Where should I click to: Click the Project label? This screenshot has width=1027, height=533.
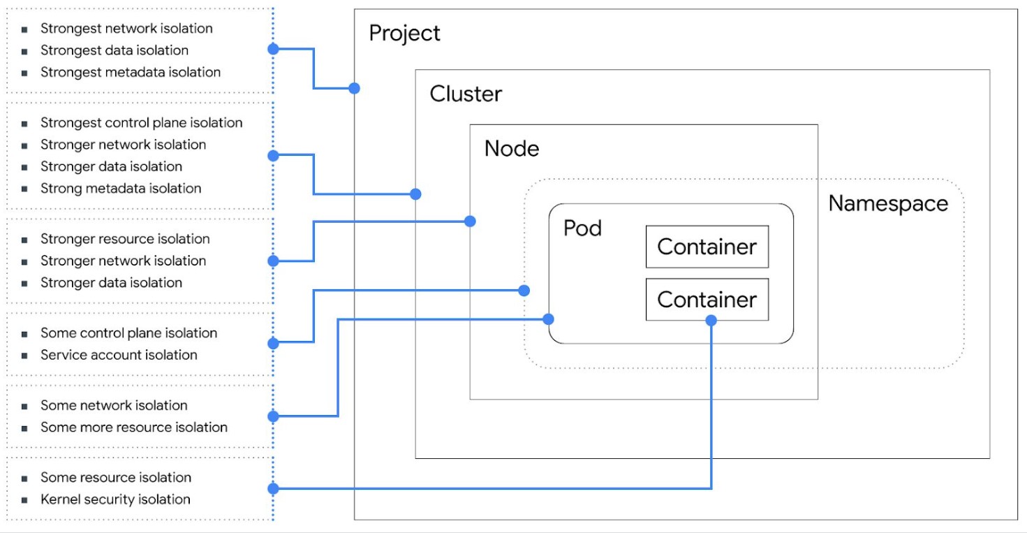[404, 34]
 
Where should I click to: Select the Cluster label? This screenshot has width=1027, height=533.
[466, 94]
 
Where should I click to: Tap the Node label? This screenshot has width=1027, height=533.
[512, 149]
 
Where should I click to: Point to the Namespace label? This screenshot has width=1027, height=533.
[888, 204]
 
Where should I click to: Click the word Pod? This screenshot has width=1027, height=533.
[582, 228]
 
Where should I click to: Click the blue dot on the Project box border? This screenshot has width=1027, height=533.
[355, 88]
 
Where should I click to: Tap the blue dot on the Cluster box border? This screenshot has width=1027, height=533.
[416, 194]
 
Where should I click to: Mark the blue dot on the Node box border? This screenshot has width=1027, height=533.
[470, 221]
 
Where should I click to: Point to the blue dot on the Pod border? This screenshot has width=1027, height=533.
[548, 319]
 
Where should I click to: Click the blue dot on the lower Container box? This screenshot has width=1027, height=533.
[711, 320]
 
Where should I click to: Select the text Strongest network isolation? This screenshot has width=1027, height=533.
[126, 29]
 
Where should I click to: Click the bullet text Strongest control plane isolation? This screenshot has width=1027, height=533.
[141, 123]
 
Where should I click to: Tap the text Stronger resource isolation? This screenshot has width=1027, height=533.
[125, 238]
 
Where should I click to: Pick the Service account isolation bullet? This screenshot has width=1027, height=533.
[119, 355]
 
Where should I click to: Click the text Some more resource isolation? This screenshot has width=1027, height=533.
[134, 427]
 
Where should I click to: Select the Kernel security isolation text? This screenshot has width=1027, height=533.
[115, 499]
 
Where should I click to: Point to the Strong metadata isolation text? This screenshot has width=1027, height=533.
[121, 189]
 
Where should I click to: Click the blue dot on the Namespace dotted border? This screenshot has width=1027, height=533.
[524, 291]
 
